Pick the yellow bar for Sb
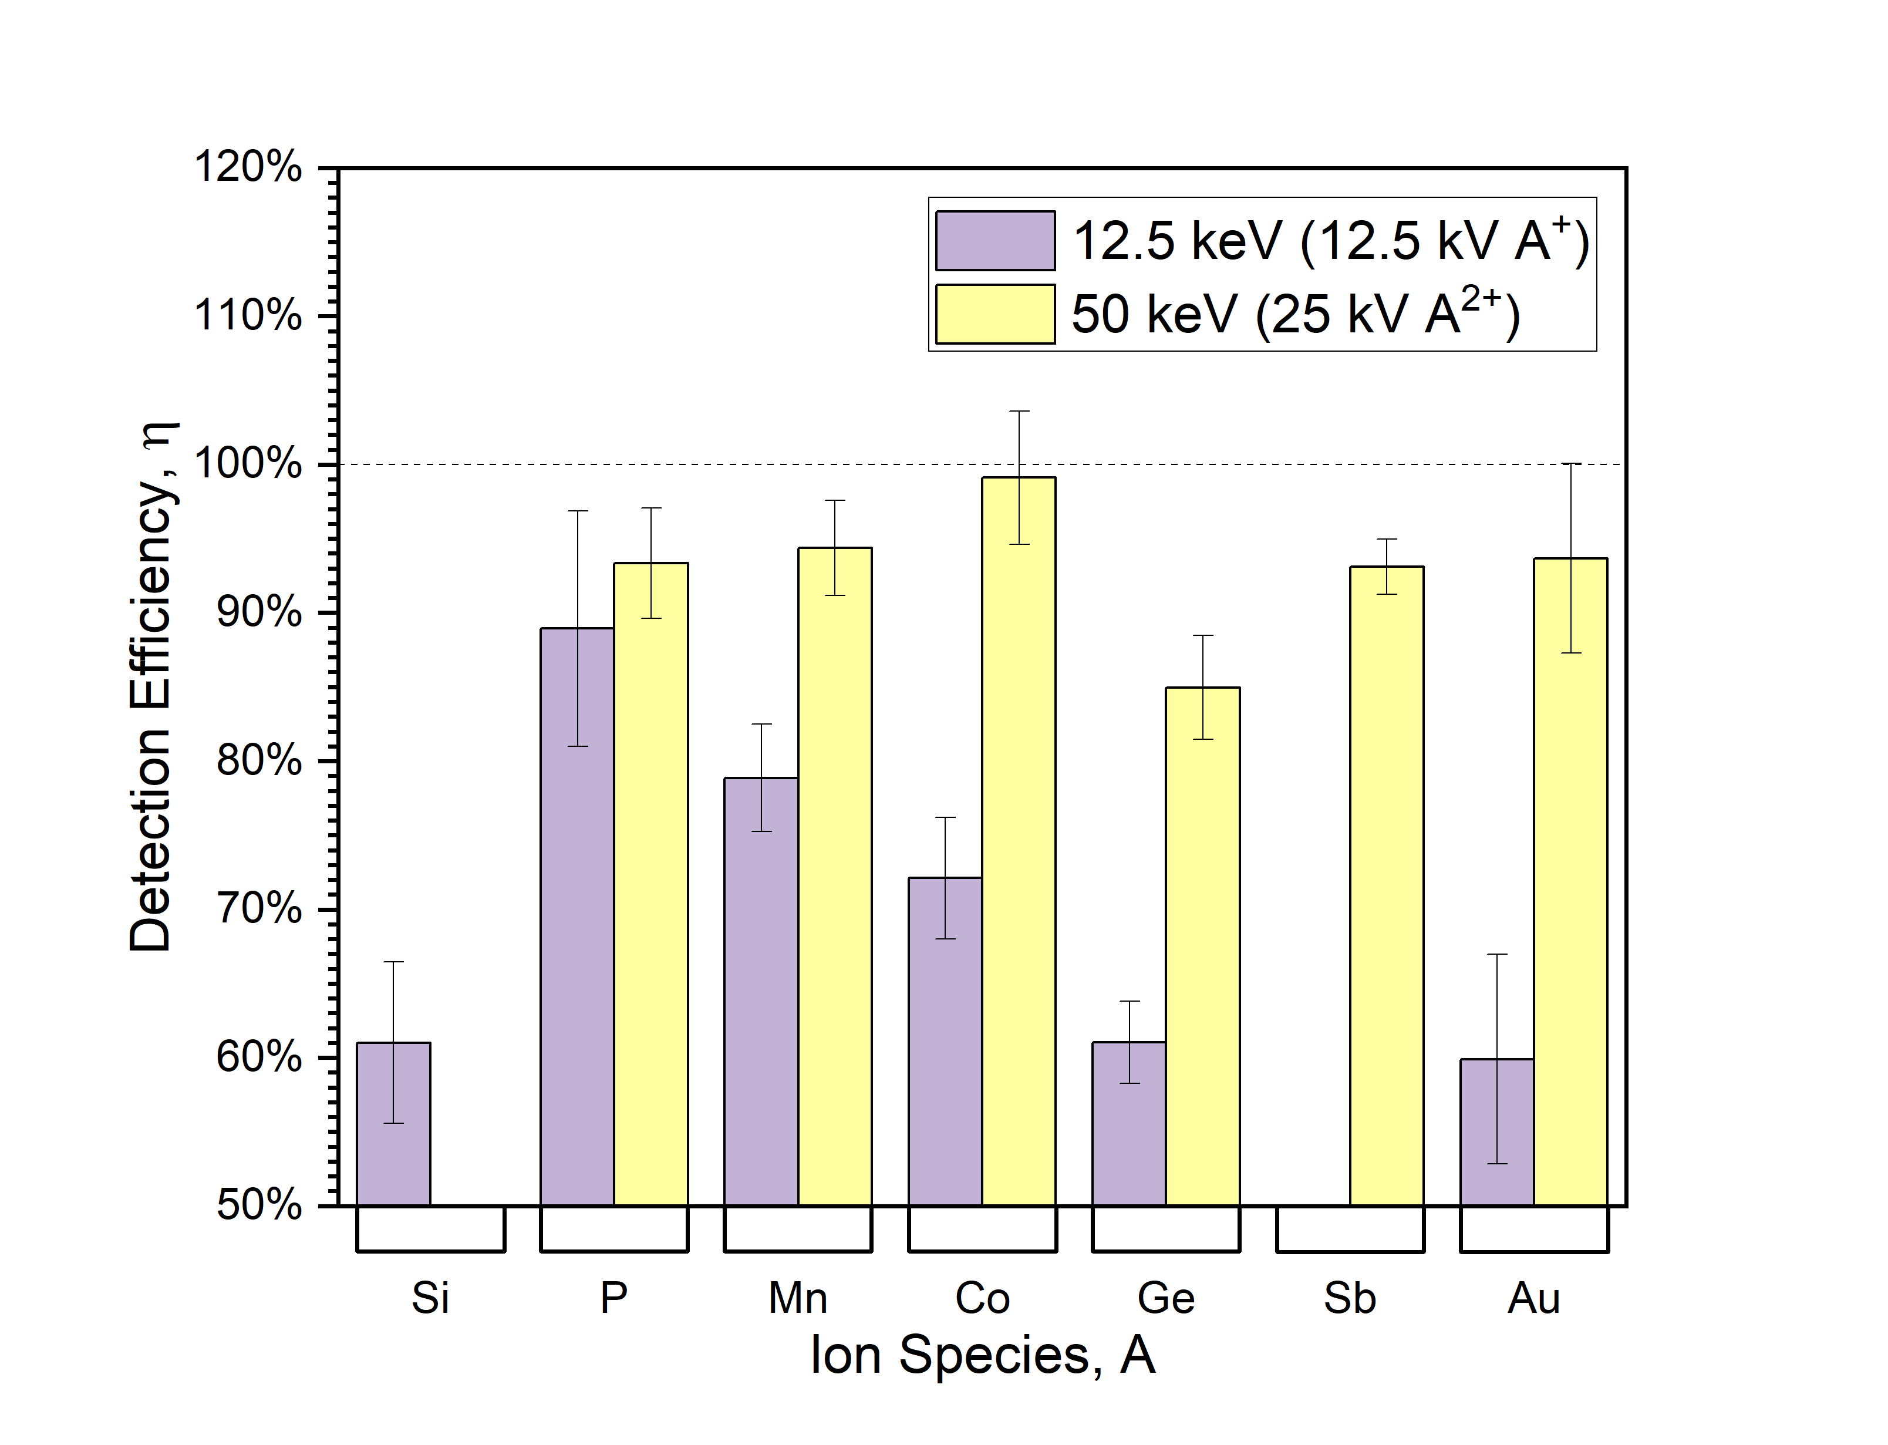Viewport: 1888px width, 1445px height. (x=1386, y=886)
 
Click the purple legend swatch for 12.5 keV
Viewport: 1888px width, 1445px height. (x=994, y=241)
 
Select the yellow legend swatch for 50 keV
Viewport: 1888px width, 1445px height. (x=994, y=314)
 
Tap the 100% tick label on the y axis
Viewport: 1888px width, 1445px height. (x=248, y=464)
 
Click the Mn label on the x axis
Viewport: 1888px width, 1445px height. (x=797, y=1298)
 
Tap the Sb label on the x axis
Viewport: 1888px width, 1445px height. (x=1349, y=1298)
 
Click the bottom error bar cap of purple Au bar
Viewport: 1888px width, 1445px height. (x=1497, y=1164)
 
